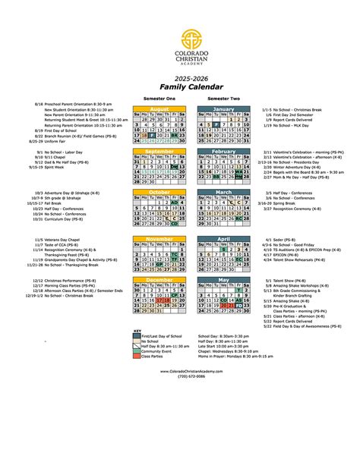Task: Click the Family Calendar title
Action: tap(179, 88)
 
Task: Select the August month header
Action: tap(159, 108)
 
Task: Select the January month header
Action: tap(223, 108)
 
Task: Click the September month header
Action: tap(159, 152)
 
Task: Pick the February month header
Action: tap(223, 152)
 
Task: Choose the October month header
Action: tap(159, 193)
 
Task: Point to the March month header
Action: tap(223, 193)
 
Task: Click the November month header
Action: tap(159, 239)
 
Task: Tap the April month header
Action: tap(223, 239)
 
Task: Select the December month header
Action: tap(159, 280)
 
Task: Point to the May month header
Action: tap(223, 280)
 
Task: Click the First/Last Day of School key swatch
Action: tap(136, 335)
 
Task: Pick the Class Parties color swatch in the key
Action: tap(136, 356)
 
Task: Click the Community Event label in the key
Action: tap(156, 351)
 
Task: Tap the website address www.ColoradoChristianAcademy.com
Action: tap(180, 371)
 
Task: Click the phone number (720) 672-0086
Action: tap(180, 376)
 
